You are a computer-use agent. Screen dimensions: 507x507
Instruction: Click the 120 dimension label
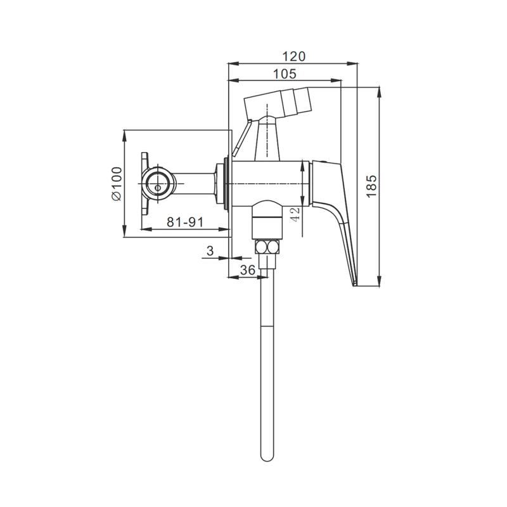click(293, 56)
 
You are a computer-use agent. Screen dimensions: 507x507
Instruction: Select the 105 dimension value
click(285, 74)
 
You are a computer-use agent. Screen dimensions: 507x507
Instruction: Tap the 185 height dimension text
click(372, 186)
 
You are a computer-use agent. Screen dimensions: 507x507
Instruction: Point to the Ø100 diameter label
click(117, 184)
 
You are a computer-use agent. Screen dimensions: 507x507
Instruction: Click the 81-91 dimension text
click(185, 222)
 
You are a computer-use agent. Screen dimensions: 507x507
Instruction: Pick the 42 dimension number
click(295, 214)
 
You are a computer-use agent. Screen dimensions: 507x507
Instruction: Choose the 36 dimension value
click(248, 270)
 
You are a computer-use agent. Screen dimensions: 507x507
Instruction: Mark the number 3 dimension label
click(210, 250)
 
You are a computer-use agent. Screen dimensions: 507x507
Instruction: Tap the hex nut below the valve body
click(267, 247)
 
